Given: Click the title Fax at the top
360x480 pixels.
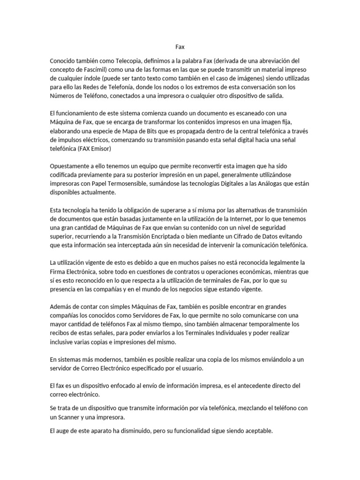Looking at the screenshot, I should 180,47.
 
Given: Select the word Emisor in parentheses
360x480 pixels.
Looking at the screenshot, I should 97,148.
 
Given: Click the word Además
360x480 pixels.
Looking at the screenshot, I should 61,307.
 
